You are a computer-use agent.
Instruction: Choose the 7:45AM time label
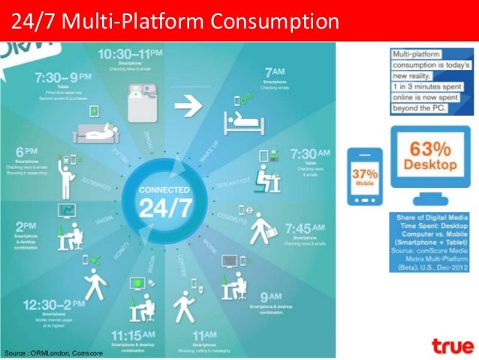(x=303, y=227)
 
